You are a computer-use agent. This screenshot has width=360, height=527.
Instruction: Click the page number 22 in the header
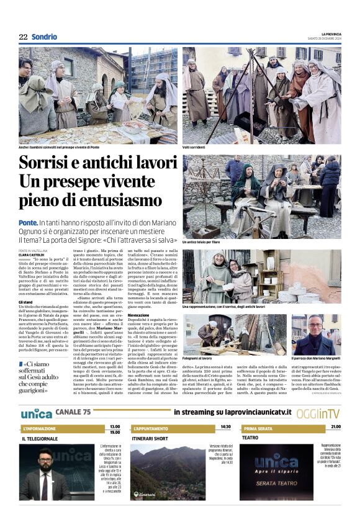point(23,37)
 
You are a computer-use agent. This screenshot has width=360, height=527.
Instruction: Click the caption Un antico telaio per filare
point(202,242)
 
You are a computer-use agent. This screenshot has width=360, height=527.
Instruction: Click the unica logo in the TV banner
point(35,413)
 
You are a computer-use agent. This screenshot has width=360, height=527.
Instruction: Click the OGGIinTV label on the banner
point(317,413)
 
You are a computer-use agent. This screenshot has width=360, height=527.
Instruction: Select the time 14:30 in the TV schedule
point(225,427)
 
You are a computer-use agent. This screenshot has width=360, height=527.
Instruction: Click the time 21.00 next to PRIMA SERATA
point(335,427)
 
